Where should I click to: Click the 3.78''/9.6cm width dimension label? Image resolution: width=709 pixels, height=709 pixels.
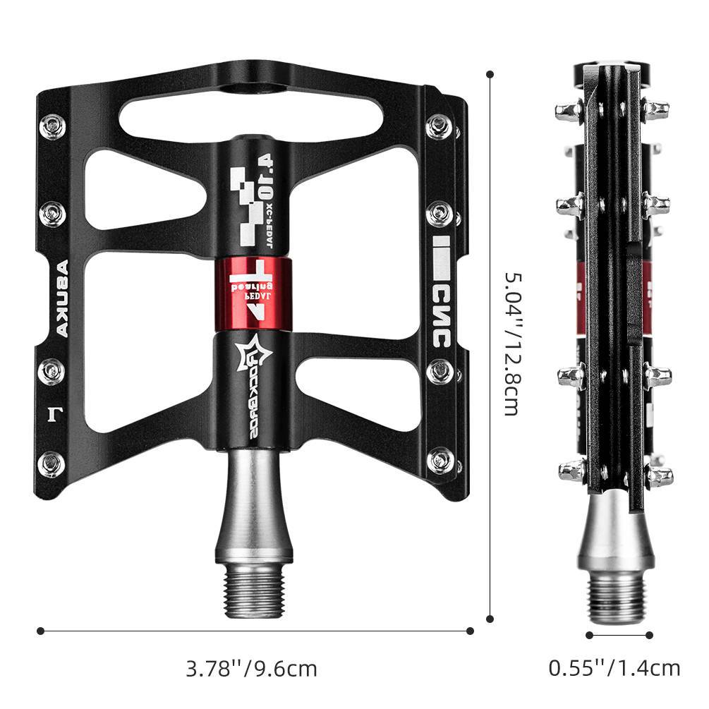[x=251, y=668]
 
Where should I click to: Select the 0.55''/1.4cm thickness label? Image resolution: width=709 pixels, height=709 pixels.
[x=614, y=668]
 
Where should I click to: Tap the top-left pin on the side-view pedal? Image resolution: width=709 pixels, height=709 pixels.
[x=569, y=111]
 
